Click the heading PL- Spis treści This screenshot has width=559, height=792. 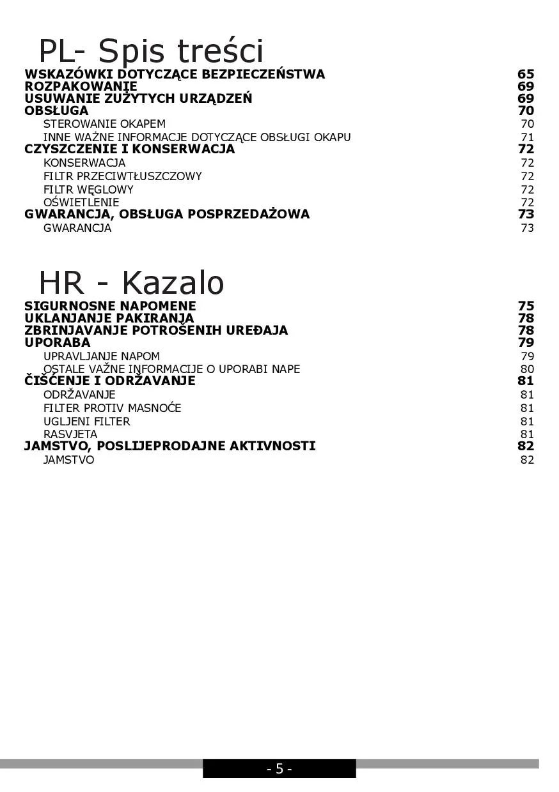click(x=151, y=50)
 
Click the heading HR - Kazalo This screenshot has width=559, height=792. click(x=131, y=282)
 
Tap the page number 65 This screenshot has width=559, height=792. click(x=526, y=74)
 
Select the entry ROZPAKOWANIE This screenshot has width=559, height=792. click(x=81, y=86)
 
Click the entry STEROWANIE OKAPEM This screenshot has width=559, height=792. click(x=104, y=124)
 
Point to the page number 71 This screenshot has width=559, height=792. click(x=527, y=137)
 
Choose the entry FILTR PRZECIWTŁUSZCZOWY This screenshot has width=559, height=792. click(x=122, y=176)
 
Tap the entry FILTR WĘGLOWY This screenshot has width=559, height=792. click(x=88, y=190)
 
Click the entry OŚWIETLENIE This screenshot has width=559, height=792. click(x=81, y=202)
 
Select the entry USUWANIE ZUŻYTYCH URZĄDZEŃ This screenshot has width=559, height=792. click(x=138, y=98)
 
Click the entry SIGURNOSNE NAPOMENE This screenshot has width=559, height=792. click(x=110, y=306)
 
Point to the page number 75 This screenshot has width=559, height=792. click(x=526, y=306)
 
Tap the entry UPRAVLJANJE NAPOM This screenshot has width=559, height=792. click(x=102, y=356)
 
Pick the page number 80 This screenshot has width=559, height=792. click(x=527, y=369)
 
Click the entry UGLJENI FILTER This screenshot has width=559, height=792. click(x=86, y=422)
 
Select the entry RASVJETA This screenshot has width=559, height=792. click(x=70, y=434)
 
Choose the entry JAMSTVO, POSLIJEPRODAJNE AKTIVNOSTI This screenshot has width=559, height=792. click(x=169, y=446)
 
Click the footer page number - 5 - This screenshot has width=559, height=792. click(x=279, y=769)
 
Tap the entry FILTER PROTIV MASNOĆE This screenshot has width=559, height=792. click(x=112, y=408)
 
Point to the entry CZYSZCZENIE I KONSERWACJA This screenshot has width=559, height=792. click(x=129, y=149)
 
